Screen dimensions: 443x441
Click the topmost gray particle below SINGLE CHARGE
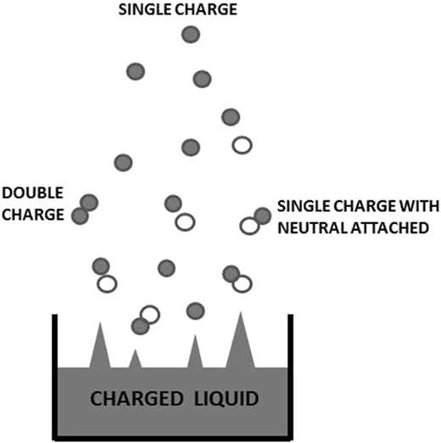pos(193,35)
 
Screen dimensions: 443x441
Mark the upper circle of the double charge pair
pos(88,202)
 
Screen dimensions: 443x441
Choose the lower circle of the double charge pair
pos(81,216)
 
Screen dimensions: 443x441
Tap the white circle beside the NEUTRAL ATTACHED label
pos(248,226)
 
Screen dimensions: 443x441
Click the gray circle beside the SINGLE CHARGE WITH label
pos(262,217)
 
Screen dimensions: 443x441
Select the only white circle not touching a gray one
pos(242,145)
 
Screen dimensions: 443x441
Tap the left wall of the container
pos(55,373)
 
